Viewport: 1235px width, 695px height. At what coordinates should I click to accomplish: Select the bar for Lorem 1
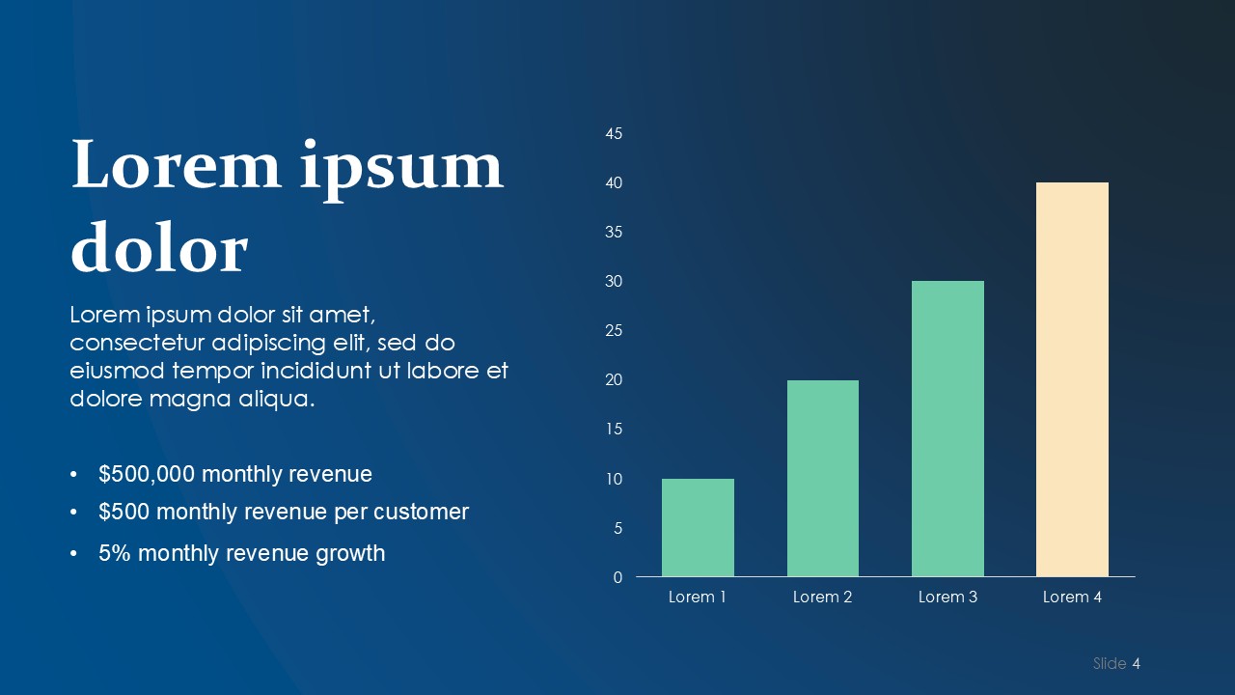tap(698, 527)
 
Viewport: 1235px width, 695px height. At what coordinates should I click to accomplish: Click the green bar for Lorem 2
tap(823, 478)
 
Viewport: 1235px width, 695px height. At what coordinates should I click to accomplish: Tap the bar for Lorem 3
tap(947, 429)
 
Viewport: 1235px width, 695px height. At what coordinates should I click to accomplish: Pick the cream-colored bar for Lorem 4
tap(1072, 379)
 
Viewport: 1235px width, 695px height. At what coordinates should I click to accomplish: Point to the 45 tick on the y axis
tap(614, 133)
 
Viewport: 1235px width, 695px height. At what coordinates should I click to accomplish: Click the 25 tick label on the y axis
tap(614, 330)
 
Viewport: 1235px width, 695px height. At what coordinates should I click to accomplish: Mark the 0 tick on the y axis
tap(617, 577)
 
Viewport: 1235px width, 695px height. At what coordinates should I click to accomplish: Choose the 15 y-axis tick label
tap(614, 430)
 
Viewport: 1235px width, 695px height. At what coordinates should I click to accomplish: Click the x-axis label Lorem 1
tap(697, 597)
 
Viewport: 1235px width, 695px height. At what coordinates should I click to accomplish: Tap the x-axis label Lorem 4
tap(1072, 597)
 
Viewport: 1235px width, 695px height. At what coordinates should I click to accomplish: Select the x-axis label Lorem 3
tap(947, 597)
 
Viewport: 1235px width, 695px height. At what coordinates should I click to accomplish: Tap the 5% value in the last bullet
tap(115, 553)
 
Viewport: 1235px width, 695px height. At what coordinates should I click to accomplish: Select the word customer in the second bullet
tap(422, 512)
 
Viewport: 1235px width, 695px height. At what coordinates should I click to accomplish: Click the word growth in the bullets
tap(350, 554)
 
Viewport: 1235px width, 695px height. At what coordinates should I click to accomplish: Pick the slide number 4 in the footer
tap(1136, 663)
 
